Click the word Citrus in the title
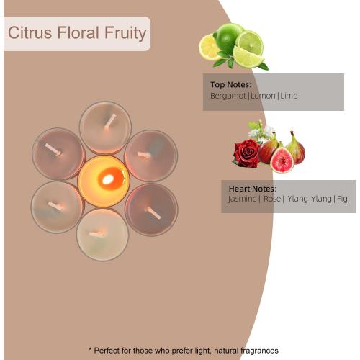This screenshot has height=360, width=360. [30, 33]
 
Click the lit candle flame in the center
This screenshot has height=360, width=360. [109, 179]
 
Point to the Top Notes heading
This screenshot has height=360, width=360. [231, 85]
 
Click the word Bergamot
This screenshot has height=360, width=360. [228, 96]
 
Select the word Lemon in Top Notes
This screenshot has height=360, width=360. [263, 96]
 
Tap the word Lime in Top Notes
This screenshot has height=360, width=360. [289, 96]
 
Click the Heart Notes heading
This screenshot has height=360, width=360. [253, 189]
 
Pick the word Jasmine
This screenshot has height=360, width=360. [242, 199]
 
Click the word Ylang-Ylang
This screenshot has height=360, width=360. [310, 199]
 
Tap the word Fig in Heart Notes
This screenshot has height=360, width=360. [342, 199]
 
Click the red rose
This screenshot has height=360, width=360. [247, 153]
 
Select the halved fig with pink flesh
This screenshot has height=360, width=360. [282, 160]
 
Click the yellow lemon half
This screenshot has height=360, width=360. [208, 48]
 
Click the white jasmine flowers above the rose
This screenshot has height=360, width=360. [261, 132]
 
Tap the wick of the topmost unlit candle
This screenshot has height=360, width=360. [110, 122]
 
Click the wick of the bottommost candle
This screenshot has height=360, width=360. [96, 234]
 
